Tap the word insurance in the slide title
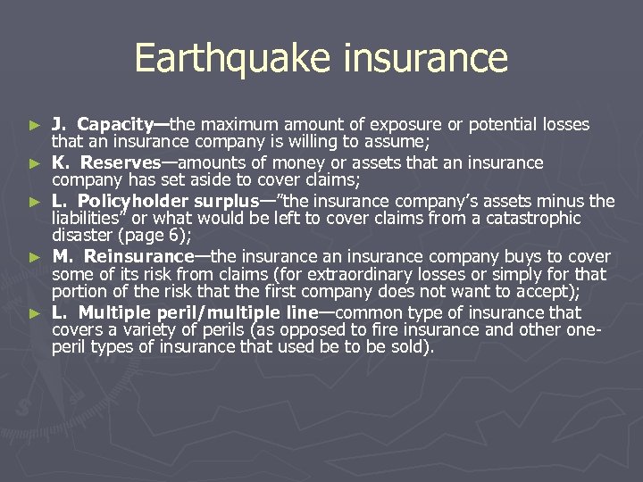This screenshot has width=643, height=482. tap(422, 59)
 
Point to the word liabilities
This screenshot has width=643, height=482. tap(88, 219)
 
